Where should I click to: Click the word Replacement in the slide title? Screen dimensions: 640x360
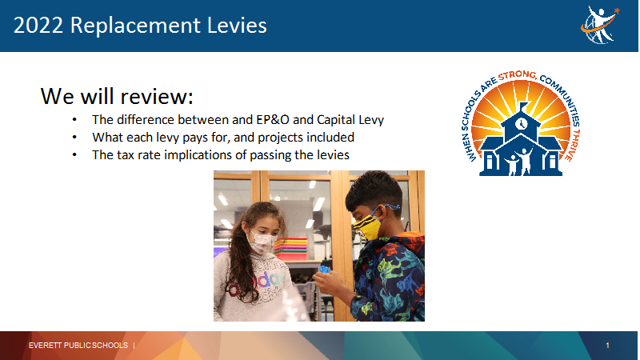pos(135,26)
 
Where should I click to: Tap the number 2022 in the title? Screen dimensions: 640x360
pos(38,26)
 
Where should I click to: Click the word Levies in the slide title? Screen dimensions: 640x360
pos(237,26)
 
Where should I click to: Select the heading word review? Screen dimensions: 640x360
pos(157,97)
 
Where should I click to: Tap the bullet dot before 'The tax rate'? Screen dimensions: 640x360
pos(74,155)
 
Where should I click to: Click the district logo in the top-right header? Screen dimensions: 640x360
pos(599,25)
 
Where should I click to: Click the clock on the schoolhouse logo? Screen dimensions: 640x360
pos(522,123)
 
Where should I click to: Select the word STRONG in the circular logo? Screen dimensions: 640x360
pos(518,75)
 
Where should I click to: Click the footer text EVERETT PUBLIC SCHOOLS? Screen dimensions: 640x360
pos(78,346)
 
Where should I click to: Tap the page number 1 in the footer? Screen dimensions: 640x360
pos(607,346)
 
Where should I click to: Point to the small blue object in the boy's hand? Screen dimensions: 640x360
pos(325,270)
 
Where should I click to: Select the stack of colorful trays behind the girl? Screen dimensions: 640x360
pos(291,249)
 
